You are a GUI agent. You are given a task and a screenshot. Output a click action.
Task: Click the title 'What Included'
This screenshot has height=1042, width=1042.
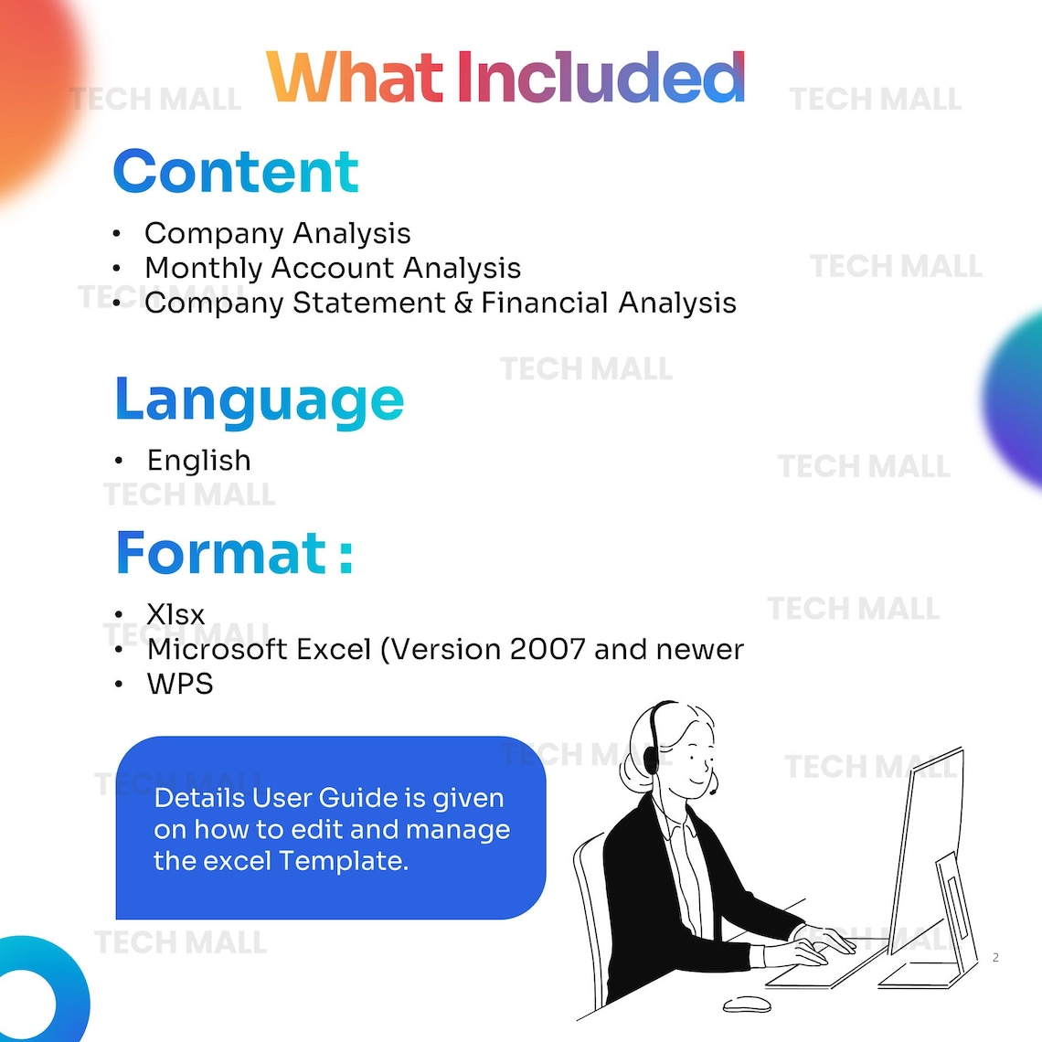point(505,78)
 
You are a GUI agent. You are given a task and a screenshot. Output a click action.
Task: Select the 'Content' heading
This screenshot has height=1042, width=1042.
point(236,172)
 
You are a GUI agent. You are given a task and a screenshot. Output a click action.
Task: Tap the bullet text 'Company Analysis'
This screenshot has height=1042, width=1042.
point(277,233)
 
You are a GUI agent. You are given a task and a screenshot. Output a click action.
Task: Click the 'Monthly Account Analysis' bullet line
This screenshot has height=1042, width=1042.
point(333,268)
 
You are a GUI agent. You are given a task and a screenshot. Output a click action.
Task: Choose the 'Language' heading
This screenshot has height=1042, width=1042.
point(259,400)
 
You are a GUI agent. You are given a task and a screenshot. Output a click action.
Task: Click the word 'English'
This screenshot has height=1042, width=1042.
point(198,460)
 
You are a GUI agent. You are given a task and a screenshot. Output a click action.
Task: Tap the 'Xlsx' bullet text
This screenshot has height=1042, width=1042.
point(175,614)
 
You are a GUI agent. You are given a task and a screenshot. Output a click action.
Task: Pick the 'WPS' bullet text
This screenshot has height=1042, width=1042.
point(180,684)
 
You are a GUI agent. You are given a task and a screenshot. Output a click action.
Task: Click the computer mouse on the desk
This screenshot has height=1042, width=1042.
point(746,1004)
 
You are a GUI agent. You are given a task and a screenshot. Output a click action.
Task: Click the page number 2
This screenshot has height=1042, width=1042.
point(995,957)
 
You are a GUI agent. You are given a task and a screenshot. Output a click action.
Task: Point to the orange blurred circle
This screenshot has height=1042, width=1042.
point(32,91)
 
